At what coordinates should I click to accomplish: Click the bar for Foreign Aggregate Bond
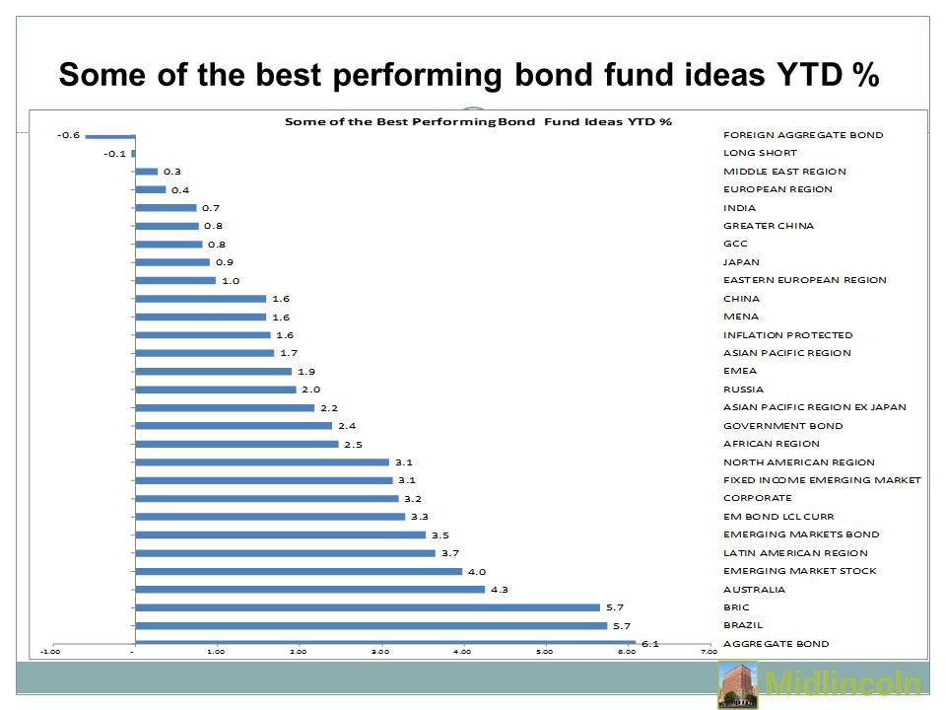click(110, 136)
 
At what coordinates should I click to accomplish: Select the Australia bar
click(310, 590)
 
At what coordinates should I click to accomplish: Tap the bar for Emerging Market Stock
click(299, 571)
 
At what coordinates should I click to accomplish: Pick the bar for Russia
click(216, 390)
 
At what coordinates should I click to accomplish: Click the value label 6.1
click(649, 644)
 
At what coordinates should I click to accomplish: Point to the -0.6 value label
click(68, 135)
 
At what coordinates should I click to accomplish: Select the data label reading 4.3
click(499, 590)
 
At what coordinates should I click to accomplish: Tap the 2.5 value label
click(353, 445)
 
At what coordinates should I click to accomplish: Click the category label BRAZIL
click(743, 625)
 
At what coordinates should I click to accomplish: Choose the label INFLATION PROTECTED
click(788, 335)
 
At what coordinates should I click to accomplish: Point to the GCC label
click(735, 244)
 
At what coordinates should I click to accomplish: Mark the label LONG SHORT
click(760, 153)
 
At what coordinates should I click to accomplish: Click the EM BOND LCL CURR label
click(778, 516)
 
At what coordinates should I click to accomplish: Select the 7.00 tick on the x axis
click(709, 652)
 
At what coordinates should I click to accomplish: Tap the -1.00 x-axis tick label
click(50, 652)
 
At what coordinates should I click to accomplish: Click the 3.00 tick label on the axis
click(380, 652)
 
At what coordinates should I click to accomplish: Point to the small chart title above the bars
click(478, 121)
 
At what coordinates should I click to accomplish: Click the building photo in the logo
click(738, 684)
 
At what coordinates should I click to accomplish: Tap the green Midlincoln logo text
click(843, 683)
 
